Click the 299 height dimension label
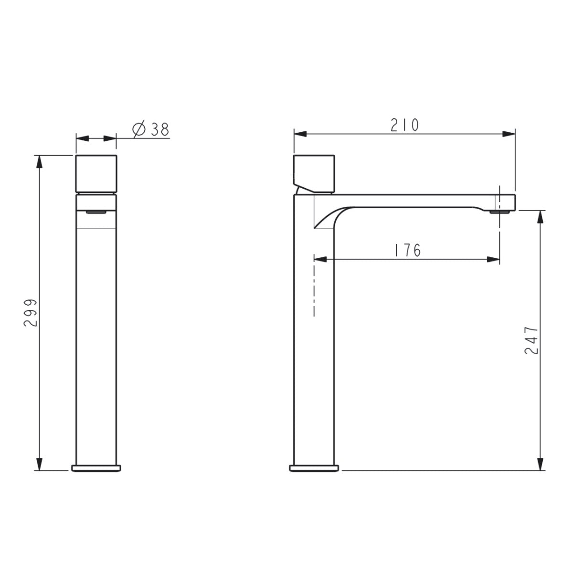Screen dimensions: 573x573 pos(30,313)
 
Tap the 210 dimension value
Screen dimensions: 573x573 pos(405,125)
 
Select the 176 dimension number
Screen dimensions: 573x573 pos(407,250)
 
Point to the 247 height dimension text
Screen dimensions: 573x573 pos(531,341)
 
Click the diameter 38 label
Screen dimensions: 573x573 pos(151,130)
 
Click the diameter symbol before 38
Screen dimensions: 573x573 pos(139,130)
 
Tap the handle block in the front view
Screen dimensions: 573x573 pos(96,174)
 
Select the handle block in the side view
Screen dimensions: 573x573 pos(314,174)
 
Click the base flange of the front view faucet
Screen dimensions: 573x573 pos(96,468)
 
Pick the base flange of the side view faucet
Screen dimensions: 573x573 pos(314,468)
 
